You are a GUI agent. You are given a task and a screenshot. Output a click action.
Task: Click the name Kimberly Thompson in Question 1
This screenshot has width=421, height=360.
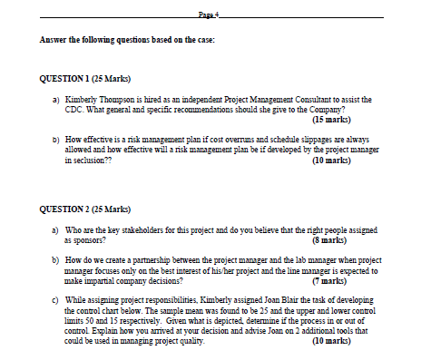(x=93, y=97)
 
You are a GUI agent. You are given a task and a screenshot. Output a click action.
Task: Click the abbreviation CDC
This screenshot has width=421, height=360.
(x=73, y=108)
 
